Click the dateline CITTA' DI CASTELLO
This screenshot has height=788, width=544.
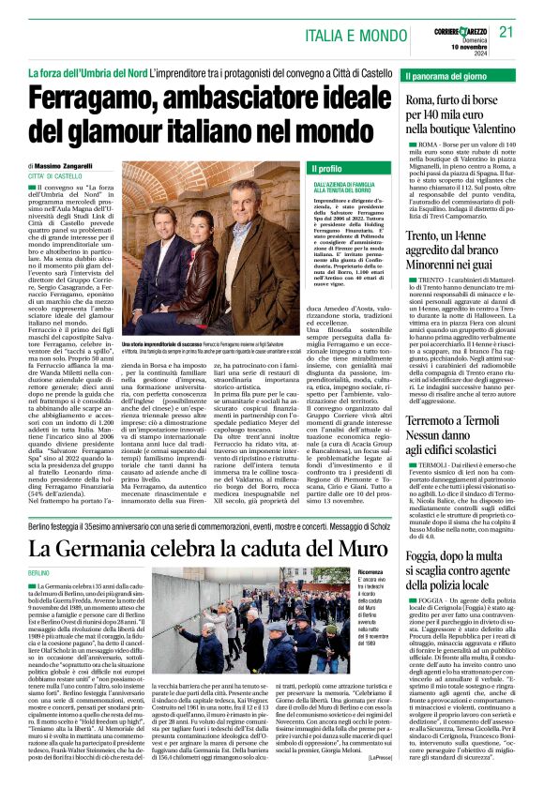tap(55, 175)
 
